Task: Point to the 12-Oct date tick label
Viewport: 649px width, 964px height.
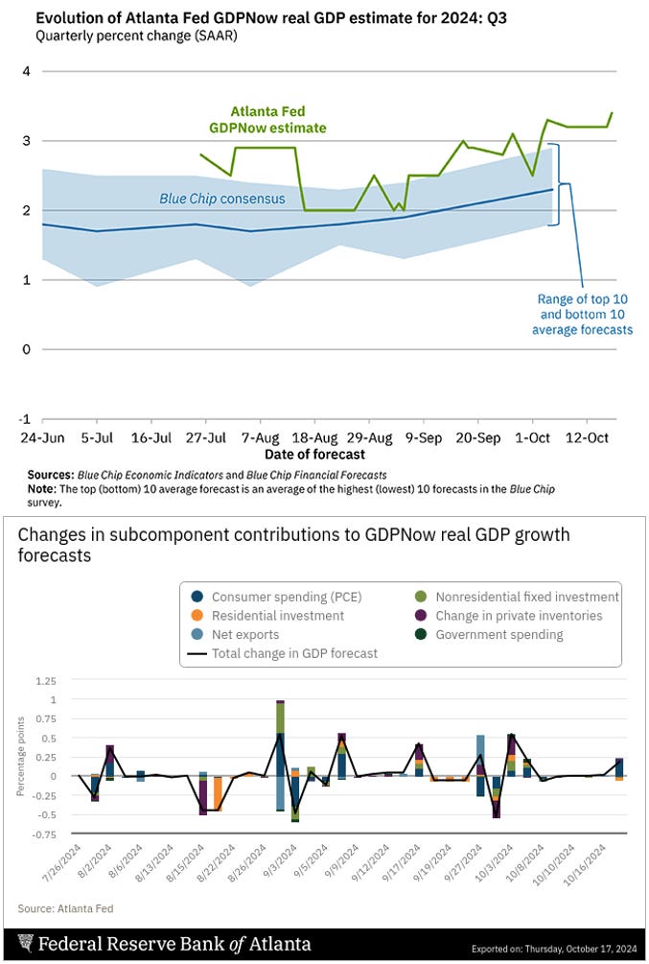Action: coord(589,436)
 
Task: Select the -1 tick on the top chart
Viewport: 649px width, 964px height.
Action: coord(26,419)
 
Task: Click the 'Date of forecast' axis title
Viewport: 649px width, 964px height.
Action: coord(314,454)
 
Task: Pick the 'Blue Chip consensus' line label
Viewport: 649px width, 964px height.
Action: coord(221,200)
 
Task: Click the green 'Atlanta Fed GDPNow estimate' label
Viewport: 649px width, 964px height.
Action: coord(267,120)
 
